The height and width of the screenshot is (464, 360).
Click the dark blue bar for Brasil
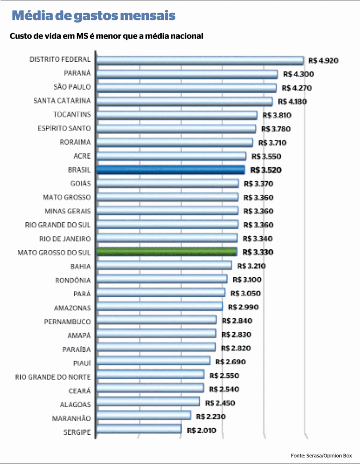(170, 170)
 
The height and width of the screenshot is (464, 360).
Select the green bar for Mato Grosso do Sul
(166, 252)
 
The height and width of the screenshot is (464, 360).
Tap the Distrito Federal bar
(200, 60)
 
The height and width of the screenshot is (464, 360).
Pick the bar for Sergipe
(139, 430)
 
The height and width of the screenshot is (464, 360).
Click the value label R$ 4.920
(323, 60)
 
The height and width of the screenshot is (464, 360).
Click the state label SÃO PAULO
(71, 87)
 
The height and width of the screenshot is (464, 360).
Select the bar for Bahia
(164, 266)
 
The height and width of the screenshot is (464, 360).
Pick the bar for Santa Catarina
(184, 101)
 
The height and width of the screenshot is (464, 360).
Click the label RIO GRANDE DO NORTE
(53, 377)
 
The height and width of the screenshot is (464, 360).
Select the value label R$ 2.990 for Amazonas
(243, 307)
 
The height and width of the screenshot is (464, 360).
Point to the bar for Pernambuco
(156, 320)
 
